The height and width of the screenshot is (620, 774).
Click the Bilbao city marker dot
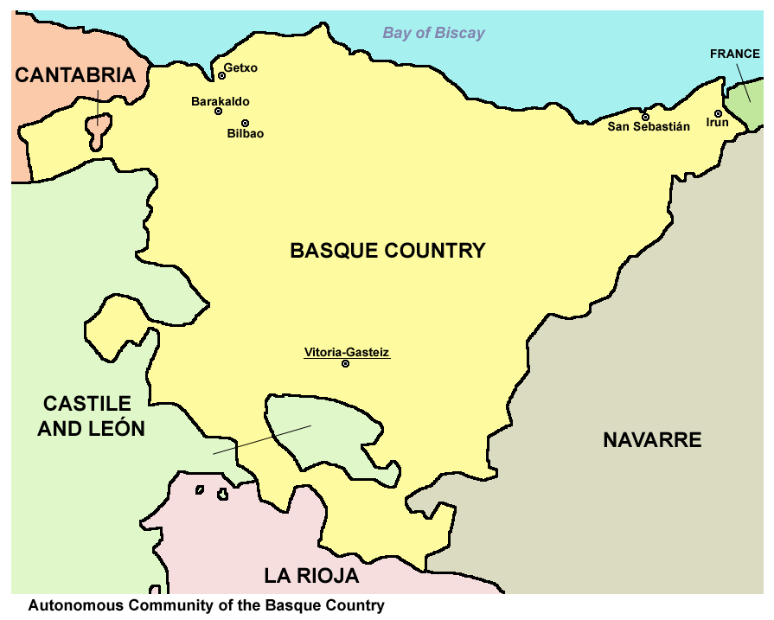(x=245, y=123)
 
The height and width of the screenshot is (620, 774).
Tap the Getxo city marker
(x=221, y=76)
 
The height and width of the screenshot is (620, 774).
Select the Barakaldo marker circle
(x=218, y=112)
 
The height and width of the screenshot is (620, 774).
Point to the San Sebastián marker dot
(x=644, y=117)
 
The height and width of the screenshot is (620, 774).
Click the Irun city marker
(x=718, y=113)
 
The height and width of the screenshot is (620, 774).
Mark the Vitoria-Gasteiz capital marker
(x=345, y=364)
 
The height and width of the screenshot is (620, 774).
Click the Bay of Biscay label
(x=433, y=34)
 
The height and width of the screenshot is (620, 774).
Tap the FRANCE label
(x=734, y=54)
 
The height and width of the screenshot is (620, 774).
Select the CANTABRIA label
(x=76, y=75)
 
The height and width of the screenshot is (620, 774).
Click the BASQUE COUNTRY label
(x=387, y=251)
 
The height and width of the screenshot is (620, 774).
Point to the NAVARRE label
(x=652, y=440)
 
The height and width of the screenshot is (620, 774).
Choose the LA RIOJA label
(x=311, y=576)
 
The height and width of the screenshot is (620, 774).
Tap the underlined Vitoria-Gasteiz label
(x=347, y=352)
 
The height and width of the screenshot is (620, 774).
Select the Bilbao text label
(x=246, y=134)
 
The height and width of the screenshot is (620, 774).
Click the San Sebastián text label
(x=649, y=127)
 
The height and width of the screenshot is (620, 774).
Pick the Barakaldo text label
(x=221, y=101)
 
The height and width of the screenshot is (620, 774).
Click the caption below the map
(x=206, y=605)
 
